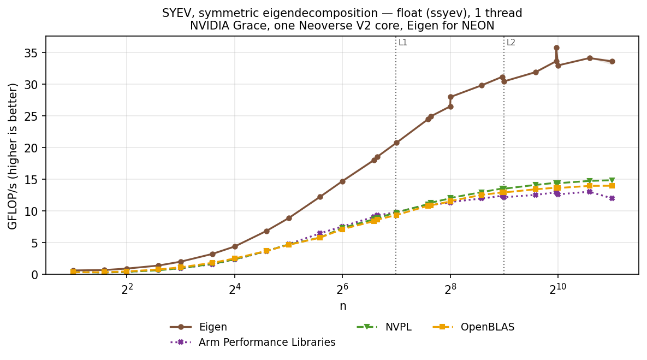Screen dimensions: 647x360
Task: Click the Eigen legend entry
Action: click(x=199, y=327)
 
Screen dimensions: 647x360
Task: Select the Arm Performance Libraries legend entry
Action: click(x=253, y=343)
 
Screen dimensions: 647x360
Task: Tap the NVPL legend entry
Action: click(x=384, y=327)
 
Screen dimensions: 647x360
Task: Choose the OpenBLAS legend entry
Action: click(x=473, y=327)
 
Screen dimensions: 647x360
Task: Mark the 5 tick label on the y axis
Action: click(x=37, y=243)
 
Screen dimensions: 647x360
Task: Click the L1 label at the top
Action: click(x=403, y=42)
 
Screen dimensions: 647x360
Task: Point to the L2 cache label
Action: click(x=511, y=42)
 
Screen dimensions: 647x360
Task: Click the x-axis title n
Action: click(x=343, y=306)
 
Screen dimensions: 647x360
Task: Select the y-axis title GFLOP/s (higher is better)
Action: click(x=13, y=156)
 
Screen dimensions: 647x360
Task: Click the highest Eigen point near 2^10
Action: click(x=556, y=48)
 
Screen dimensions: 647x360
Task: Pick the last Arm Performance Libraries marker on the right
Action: click(x=612, y=198)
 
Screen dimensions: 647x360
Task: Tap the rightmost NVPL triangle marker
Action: click(x=612, y=180)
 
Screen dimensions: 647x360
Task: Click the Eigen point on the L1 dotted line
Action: click(x=396, y=143)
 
